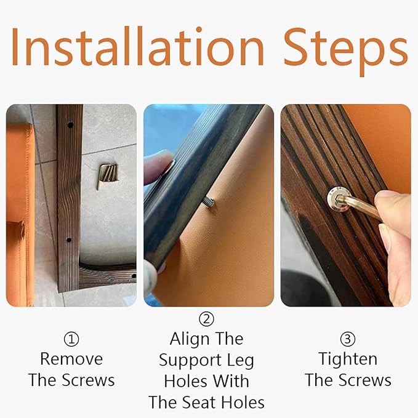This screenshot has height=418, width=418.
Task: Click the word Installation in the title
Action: point(137,46)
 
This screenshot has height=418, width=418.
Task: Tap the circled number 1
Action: point(71,339)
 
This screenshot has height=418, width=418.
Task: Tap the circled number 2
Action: point(206,319)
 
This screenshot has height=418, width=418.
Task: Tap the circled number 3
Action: point(348,339)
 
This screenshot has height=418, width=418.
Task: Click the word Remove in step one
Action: point(71,359)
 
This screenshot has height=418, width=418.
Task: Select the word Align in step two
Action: point(189,339)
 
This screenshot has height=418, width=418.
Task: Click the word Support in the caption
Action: point(190,361)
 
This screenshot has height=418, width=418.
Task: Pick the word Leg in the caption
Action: point(241,361)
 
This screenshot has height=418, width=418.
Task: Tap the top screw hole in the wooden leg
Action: point(70,124)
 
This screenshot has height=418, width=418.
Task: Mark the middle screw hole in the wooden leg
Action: point(69,239)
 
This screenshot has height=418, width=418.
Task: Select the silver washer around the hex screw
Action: point(339,199)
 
